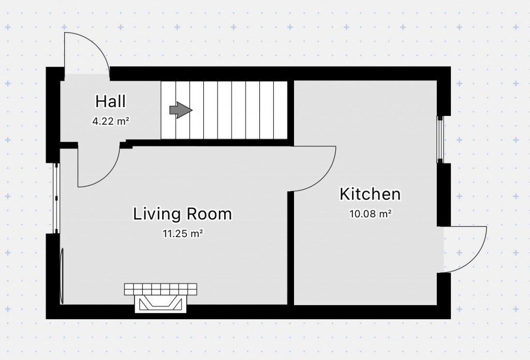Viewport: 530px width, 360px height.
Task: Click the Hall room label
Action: [110, 101]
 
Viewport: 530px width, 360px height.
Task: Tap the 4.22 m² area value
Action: [110, 122]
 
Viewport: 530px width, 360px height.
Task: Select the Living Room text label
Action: [182, 214]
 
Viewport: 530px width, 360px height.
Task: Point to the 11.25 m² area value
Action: [182, 234]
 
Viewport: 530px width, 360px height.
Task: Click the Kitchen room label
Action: [370, 194]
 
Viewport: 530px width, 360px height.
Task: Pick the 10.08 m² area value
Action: [370, 214]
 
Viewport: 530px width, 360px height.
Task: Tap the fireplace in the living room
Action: [160, 304]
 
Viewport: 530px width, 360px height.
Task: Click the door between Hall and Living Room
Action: [98, 168]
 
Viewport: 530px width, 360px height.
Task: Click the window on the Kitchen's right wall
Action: [440, 139]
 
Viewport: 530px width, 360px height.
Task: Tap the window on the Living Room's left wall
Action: [57, 198]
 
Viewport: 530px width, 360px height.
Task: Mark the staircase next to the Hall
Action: [224, 110]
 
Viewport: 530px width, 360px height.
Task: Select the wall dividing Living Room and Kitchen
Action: [291, 248]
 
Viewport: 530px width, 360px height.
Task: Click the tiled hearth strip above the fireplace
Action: [160, 289]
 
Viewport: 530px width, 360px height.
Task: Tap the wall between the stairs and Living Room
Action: [207, 143]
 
